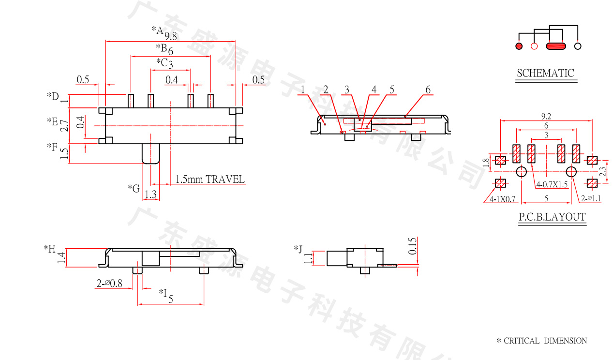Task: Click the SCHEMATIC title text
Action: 545,73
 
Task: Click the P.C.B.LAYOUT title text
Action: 552,217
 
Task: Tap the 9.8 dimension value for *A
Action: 171,36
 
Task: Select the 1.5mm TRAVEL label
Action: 210,180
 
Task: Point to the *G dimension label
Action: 134,188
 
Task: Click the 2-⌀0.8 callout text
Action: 109,283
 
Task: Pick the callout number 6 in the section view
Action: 428,90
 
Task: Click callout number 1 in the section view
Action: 303,90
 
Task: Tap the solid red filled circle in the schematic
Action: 519,46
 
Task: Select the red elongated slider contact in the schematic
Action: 556,46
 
